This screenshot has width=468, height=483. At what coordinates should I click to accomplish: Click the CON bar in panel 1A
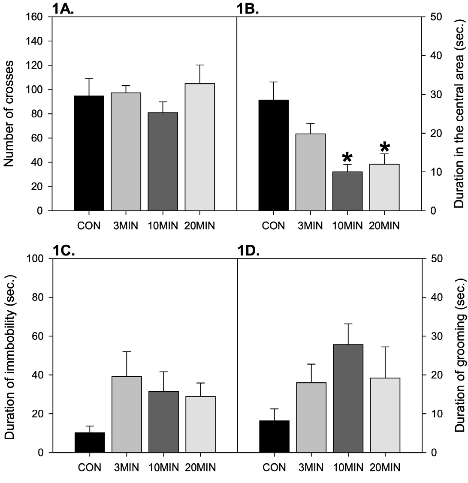(89, 153)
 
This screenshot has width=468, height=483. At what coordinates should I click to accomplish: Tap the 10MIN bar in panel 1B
(347, 191)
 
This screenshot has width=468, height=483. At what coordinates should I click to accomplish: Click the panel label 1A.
(63, 9)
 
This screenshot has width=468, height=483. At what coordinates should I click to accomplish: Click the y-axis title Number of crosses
(10, 114)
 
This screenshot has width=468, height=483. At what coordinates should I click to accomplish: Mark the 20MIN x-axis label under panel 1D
(384, 467)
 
